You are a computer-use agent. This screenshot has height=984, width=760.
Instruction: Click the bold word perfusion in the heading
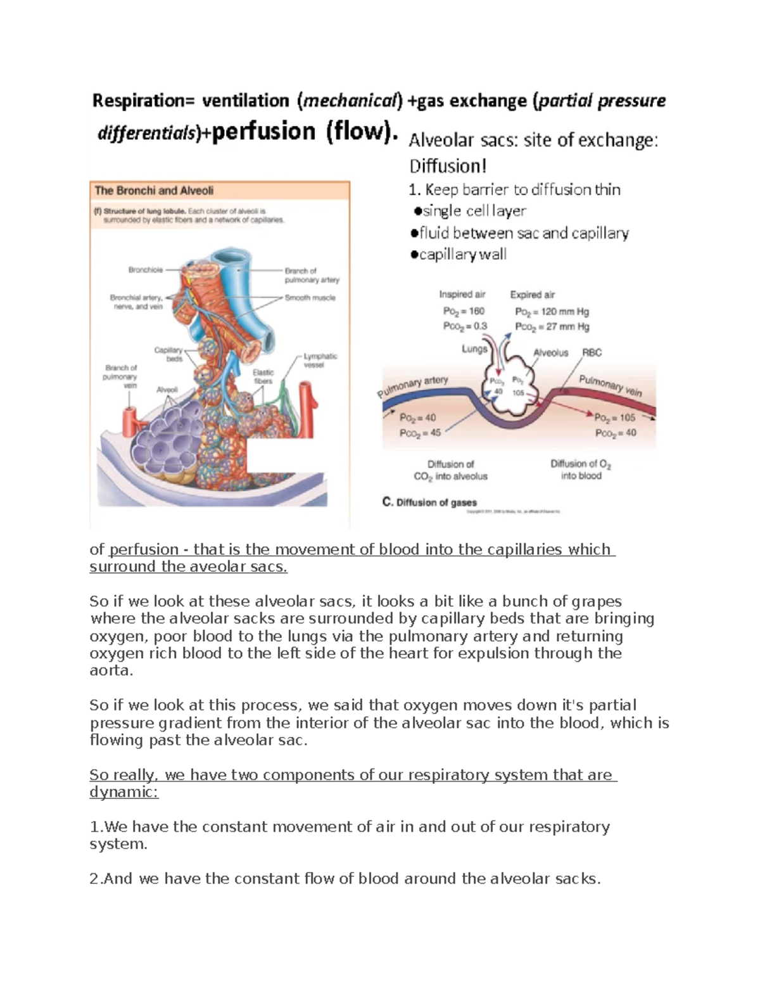[263, 132]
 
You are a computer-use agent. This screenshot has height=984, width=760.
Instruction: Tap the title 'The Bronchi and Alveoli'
[154, 190]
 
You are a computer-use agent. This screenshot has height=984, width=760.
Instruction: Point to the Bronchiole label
[146, 270]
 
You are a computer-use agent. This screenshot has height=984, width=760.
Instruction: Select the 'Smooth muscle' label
[310, 298]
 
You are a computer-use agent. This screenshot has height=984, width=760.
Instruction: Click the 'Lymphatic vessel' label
[320, 361]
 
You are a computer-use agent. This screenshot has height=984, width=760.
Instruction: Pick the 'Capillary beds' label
[169, 354]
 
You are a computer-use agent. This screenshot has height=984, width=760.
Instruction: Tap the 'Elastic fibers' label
[263, 376]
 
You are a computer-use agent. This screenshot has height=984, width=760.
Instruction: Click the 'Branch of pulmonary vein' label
[121, 376]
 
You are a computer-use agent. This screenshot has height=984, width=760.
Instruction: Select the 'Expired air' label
[532, 295]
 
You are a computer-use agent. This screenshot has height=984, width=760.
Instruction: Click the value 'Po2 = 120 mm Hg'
[552, 312]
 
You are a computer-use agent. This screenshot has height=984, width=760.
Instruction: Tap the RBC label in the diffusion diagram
[592, 352]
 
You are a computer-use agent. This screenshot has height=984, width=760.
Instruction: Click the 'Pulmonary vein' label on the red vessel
[611, 385]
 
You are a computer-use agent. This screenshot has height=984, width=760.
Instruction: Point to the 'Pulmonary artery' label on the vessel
[413, 386]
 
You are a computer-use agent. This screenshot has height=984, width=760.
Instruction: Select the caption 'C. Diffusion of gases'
[429, 502]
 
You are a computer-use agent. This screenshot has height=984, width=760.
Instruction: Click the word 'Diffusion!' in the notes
[448, 166]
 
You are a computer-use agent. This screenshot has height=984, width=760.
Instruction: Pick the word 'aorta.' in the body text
[111, 670]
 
